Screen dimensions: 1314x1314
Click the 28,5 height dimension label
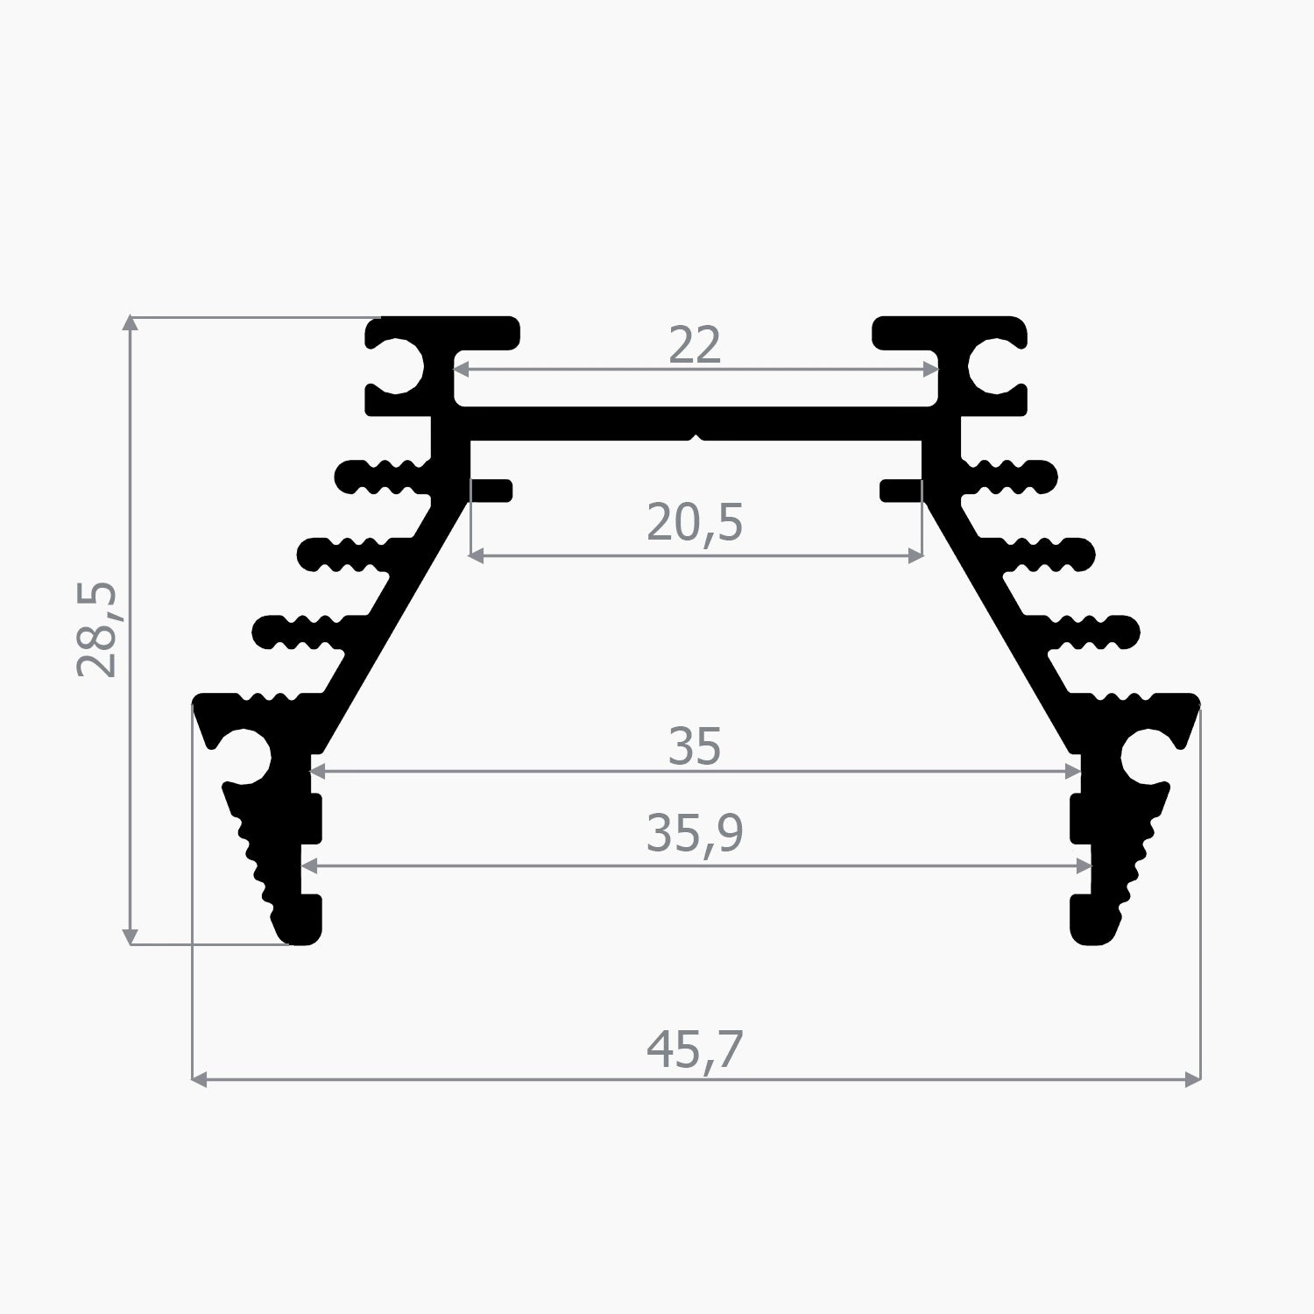[97, 629]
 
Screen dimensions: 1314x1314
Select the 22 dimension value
[695, 345]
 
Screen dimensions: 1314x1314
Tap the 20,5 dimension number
[695, 523]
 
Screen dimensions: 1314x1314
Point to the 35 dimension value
[695, 747]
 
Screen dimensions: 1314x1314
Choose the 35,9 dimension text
[695, 833]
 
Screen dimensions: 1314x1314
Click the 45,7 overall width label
[695, 1049]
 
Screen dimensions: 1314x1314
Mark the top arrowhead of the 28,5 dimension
[131, 322]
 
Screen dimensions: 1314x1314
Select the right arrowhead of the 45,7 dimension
[1192, 1079]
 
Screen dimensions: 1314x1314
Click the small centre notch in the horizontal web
[696, 436]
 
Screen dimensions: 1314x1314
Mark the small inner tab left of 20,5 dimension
[491, 491]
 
